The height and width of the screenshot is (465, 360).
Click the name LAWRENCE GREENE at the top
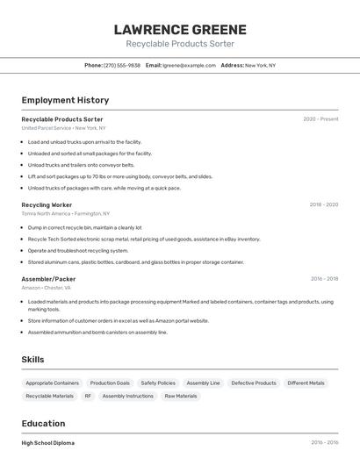180,29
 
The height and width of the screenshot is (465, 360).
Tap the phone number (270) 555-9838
122,65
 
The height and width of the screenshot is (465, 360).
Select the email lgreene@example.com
189,65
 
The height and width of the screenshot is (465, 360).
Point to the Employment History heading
65,100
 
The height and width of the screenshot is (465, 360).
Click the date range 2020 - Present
320,118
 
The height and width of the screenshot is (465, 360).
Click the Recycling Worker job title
47,204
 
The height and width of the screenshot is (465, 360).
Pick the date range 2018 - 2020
323,204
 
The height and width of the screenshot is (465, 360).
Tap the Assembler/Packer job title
48,279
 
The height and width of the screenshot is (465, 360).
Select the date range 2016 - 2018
324,279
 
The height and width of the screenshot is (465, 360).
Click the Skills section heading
32,360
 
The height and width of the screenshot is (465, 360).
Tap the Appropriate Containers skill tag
53,383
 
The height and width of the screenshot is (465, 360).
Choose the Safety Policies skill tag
158,383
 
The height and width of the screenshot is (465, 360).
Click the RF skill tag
88,396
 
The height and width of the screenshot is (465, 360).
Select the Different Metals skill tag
306,383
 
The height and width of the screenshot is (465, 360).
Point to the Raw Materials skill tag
181,396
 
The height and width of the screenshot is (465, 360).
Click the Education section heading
43,424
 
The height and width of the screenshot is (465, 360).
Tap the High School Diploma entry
47,443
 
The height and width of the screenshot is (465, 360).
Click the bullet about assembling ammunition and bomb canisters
97,333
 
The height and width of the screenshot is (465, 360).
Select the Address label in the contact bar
232,65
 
